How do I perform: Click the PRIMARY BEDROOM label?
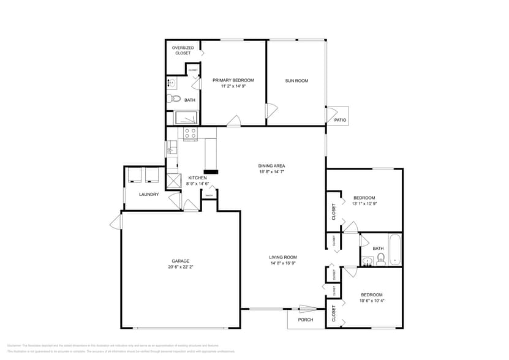click(233, 80)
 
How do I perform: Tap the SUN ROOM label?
click(296, 80)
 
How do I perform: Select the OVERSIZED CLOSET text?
click(183, 50)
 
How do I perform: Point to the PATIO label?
click(340, 120)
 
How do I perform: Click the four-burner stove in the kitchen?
click(190, 133)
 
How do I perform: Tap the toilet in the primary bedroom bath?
click(173, 99)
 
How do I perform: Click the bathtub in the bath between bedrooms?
click(395, 250)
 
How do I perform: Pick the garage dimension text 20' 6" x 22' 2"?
click(180, 267)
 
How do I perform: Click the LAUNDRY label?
click(149, 195)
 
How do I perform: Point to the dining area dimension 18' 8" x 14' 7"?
click(271, 172)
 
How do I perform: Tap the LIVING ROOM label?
click(282, 257)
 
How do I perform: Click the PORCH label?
click(305, 320)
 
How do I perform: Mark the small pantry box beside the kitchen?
click(209, 196)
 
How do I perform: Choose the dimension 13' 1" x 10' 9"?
click(364, 203)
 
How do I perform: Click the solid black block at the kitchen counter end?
click(211, 172)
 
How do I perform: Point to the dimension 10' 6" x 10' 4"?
click(371, 300)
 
